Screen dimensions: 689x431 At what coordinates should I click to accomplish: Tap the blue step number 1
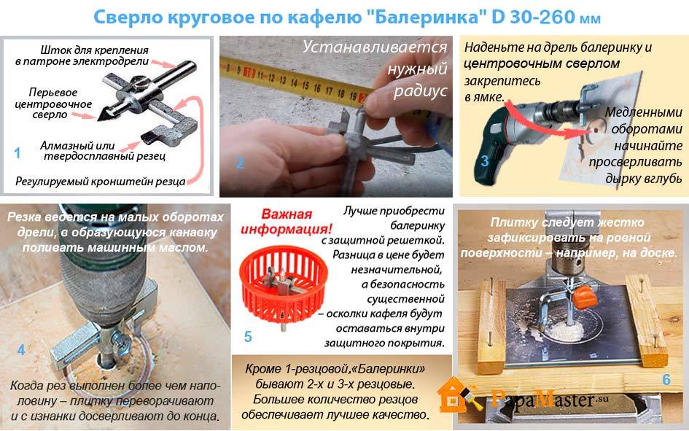coord(17,153)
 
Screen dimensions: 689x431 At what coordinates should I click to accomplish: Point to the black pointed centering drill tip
coord(104,114)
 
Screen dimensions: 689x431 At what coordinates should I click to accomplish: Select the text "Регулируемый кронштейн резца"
coord(100,181)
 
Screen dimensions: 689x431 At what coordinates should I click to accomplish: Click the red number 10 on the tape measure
coord(249,73)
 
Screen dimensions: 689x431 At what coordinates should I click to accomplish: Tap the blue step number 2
coord(239,163)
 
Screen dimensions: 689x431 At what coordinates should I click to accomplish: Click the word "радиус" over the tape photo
coord(420,91)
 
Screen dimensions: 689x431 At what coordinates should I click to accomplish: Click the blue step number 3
coord(485,161)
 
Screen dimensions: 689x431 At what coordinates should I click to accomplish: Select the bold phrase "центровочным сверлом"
coord(541,63)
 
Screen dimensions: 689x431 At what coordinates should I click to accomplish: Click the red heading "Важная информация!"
coord(287,222)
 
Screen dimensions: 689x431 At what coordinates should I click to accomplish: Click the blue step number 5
coord(248,336)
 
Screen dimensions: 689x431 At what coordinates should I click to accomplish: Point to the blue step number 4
coord(21,350)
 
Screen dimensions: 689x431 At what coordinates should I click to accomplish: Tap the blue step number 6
coord(666,379)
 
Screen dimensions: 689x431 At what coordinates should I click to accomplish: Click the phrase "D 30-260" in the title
coord(532,17)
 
